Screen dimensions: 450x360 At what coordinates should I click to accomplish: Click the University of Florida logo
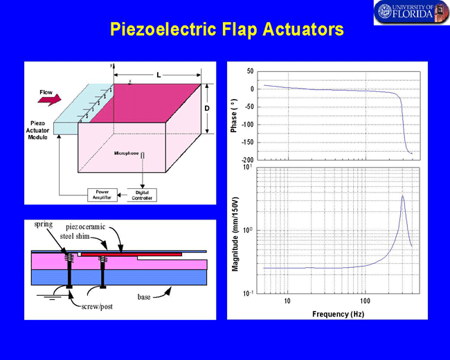(x=411, y=12)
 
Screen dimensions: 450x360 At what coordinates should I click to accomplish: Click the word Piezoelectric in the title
(x=163, y=29)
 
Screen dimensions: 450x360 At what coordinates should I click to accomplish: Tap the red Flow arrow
(x=50, y=99)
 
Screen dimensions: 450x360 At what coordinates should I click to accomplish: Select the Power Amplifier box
(x=102, y=195)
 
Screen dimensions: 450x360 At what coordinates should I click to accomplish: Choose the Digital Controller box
(x=142, y=195)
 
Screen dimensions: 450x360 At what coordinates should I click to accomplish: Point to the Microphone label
(x=126, y=153)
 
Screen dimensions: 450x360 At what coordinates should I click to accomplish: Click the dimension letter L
(x=159, y=75)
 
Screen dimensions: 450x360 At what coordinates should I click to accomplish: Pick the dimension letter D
(x=207, y=108)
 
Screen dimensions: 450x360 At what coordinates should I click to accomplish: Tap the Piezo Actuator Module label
(x=37, y=130)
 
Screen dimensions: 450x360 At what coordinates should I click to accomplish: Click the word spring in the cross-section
(x=44, y=224)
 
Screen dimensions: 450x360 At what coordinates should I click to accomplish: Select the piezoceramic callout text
(x=86, y=227)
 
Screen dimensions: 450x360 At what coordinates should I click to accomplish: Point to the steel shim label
(x=75, y=236)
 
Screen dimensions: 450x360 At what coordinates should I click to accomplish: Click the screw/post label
(x=97, y=307)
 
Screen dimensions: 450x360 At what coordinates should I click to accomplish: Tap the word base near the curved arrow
(x=144, y=297)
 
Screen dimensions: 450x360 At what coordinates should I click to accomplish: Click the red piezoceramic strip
(x=132, y=254)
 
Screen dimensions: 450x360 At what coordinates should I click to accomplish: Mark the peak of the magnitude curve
(x=403, y=196)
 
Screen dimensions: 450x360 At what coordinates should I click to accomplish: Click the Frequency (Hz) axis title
(x=338, y=314)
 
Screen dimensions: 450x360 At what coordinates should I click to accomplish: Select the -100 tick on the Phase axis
(x=248, y=125)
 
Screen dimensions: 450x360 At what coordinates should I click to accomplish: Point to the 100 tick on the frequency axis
(x=365, y=301)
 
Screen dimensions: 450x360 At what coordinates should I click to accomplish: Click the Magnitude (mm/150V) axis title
(x=235, y=234)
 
